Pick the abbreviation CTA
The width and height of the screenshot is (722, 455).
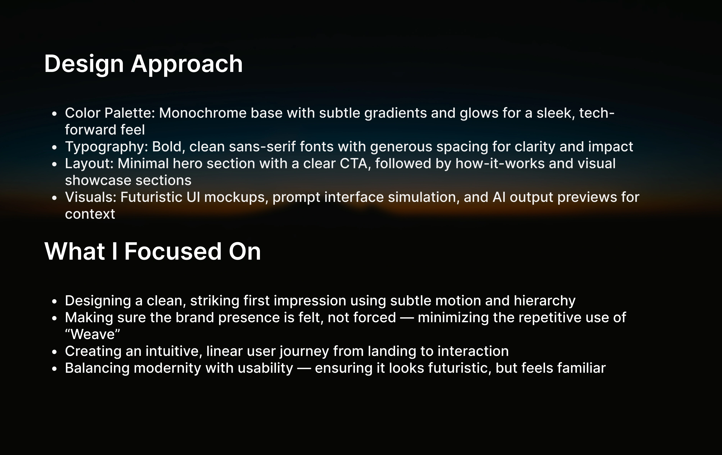(x=354, y=164)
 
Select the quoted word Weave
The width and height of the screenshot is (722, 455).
(x=92, y=334)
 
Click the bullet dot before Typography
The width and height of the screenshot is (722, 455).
(x=54, y=147)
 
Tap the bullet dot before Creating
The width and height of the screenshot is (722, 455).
(x=54, y=352)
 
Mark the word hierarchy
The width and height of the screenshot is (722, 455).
(x=544, y=301)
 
